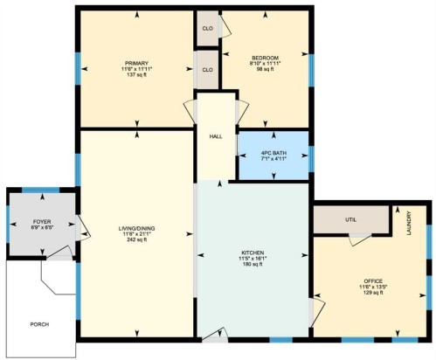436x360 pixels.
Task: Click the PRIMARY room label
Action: click(x=135, y=63)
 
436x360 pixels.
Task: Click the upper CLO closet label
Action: click(x=207, y=28)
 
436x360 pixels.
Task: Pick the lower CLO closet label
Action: click(x=207, y=69)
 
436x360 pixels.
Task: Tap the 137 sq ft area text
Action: click(x=135, y=75)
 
